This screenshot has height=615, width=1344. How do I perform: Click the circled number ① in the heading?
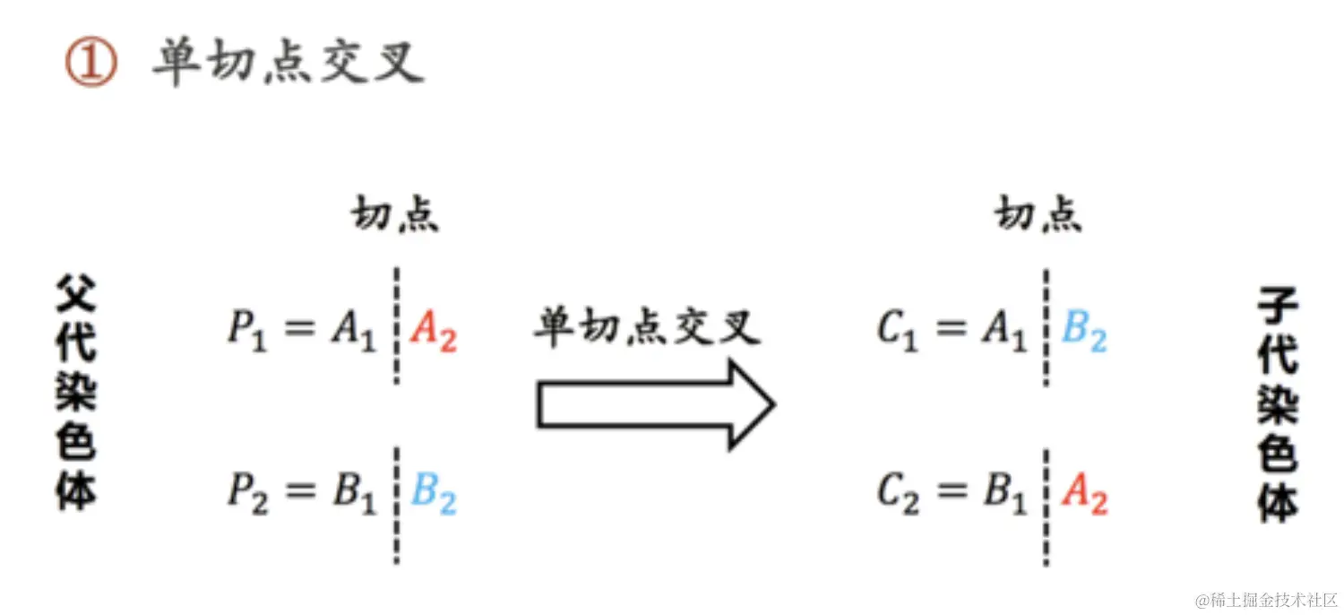[90, 65]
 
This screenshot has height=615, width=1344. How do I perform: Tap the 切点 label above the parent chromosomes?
[395, 215]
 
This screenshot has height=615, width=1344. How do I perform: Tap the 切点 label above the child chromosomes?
[1038, 215]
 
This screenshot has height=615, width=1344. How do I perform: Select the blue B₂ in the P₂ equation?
[434, 494]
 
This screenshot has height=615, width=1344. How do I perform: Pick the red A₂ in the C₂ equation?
[1084, 494]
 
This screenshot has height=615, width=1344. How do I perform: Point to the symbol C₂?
[897, 494]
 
